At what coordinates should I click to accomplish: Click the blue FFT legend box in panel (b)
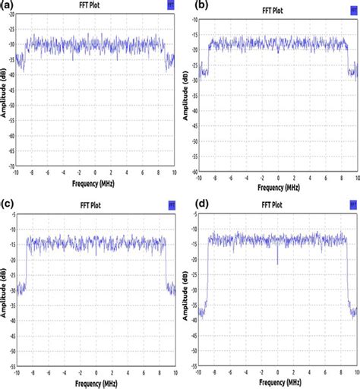pyautogui.click(x=352, y=6)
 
